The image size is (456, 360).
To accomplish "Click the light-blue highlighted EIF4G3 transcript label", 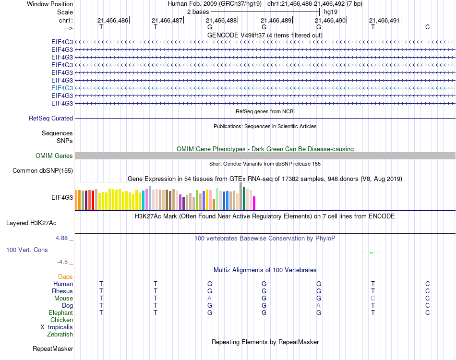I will (62, 88).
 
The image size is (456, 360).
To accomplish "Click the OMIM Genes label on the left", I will (54, 156).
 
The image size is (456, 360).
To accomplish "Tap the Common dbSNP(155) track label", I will (43, 170).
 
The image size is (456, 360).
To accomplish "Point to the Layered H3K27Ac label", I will (31, 223).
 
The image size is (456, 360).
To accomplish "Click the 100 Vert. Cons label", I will (27, 250).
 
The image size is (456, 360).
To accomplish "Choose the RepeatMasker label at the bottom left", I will (53, 348).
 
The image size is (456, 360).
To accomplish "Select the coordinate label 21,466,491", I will (384, 21).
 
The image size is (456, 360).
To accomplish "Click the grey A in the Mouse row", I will (209, 298).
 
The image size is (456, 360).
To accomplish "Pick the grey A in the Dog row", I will (318, 305).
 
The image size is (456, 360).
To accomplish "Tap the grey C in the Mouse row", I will (372, 298).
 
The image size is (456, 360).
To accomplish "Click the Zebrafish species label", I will (60, 334).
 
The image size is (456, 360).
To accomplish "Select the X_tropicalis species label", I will (57, 327).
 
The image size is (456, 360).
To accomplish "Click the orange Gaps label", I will (65, 276).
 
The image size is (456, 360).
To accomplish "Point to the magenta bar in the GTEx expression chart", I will (254, 203).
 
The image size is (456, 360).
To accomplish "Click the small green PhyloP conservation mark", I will (372, 252).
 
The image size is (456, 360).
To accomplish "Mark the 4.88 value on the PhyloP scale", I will (64, 238).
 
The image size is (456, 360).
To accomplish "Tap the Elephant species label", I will (60, 312).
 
